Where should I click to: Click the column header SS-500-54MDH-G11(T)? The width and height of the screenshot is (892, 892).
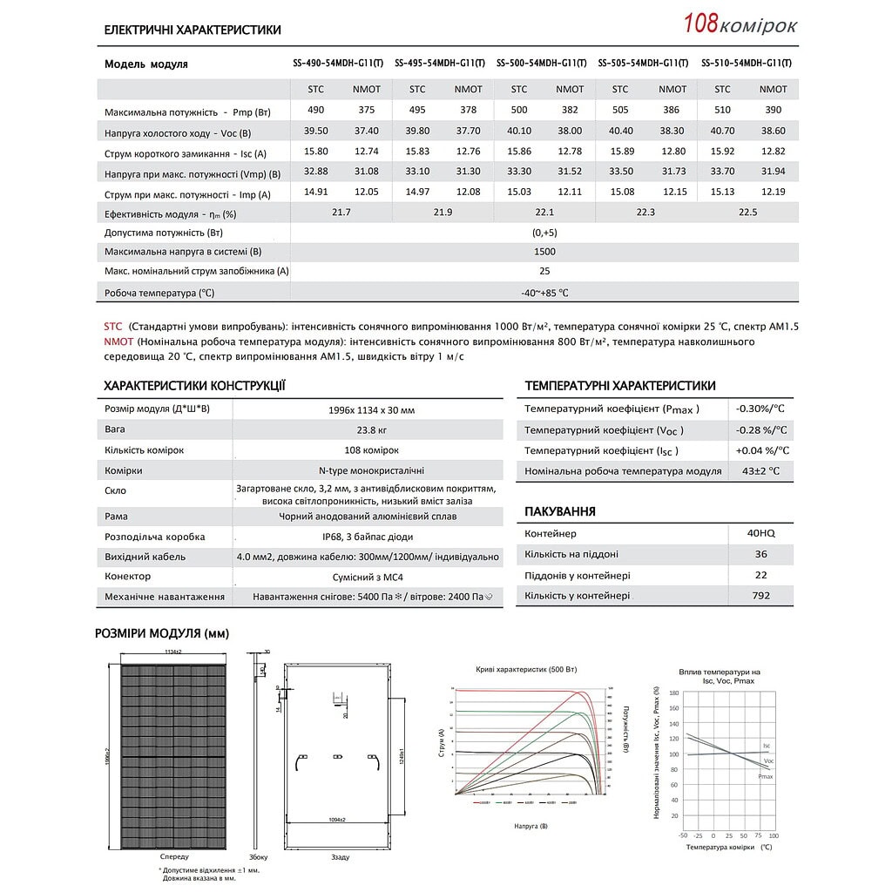click(x=541, y=64)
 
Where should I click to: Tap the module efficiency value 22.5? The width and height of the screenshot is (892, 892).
click(x=747, y=213)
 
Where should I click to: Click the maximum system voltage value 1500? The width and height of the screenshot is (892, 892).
click(x=544, y=252)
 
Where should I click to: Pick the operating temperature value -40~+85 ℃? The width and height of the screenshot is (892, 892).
click(x=544, y=293)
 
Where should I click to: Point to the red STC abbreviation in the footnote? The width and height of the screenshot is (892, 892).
click(x=114, y=326)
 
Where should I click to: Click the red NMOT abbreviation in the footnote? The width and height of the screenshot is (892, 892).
click(x=118, y=341)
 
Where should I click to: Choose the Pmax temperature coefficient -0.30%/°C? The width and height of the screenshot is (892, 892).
click(x=760, y=409)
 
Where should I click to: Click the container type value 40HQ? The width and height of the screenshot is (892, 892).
click(x=760, y=533)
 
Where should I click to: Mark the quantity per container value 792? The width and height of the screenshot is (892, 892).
click(x=760, y=596)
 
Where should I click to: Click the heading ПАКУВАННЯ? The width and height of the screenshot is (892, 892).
click(x=560, y=511)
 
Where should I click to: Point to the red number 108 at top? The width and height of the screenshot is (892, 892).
click(x=700, y=24)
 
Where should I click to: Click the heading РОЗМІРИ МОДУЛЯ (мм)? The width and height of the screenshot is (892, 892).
click(x=162, y=633)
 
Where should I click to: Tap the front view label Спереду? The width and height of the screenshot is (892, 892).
click(x=174, y=856)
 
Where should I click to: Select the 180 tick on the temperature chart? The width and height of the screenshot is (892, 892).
click(x=673, y=693)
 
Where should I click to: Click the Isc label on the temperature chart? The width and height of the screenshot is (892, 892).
click(x=767, y=746)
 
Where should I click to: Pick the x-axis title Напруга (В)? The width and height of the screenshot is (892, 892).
click(x=531, y=825)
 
